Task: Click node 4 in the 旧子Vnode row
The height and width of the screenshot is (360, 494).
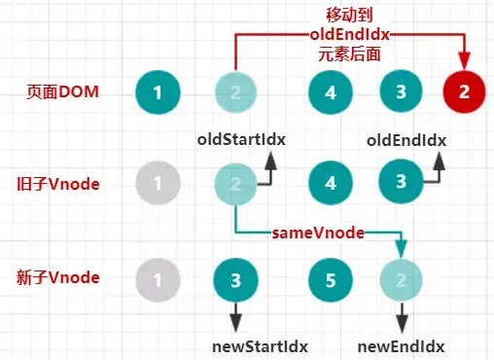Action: [329, 182]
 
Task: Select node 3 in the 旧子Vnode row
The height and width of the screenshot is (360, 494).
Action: [400, 182]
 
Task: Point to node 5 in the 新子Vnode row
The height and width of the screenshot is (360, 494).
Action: [329, 280]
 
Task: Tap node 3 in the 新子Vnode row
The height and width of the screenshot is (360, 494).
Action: [234, 280]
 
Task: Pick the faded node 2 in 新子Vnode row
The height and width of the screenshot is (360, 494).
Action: [400, 280]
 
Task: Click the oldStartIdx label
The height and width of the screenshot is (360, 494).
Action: [241, 139]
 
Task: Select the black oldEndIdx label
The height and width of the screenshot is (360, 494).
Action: [406, 139]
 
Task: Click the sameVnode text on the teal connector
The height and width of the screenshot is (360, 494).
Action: [319, 233]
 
